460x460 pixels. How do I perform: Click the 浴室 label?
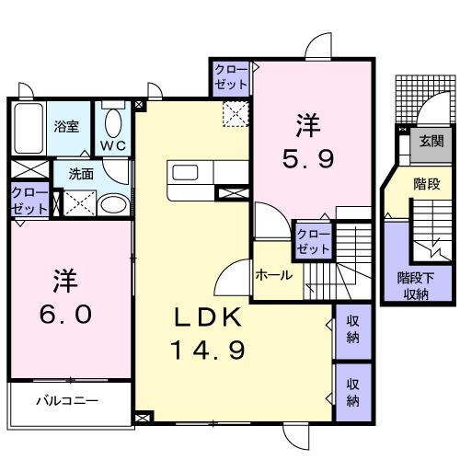click(x=66, y=126)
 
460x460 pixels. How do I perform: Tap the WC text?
click(x=114, y=144)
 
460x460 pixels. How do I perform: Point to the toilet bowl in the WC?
click(x=115, y=121)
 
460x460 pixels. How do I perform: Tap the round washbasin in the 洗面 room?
click(x=113, y=204)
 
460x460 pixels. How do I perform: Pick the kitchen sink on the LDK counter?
click(x=182, y=173)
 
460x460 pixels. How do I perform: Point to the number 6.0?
click(x=64, y=315)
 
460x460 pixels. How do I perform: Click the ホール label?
click(x=274, y=274)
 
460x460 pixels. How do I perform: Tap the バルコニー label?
click(x=66, y=400)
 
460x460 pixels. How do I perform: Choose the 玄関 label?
click(x=431, y=141)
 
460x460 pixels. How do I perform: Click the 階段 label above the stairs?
click(x=424, y=182)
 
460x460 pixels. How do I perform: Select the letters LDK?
click(x=209, y=317)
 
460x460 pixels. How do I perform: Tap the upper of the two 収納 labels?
click(x=352, y=329)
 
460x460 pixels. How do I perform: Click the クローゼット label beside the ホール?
click(x=313, y=242)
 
